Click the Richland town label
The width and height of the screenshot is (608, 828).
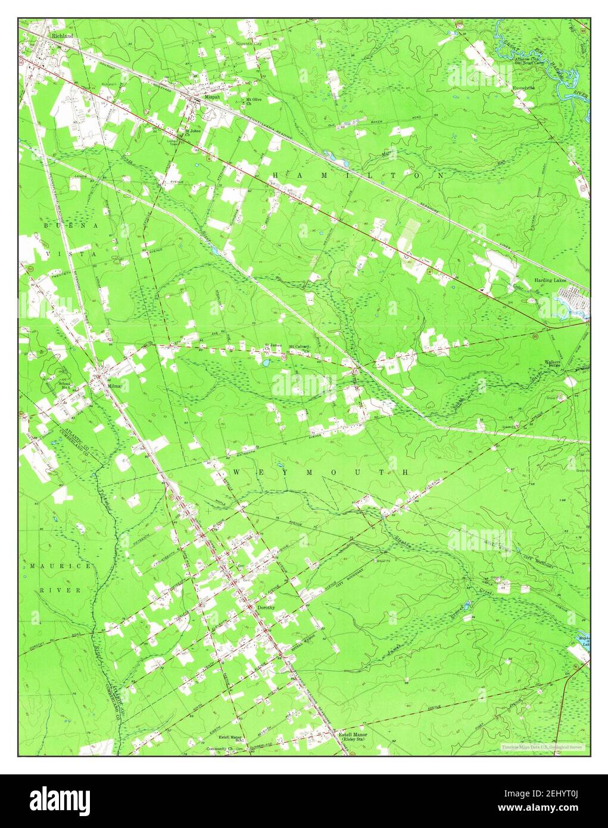(x=62, y=36)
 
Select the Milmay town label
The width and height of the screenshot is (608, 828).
(x=114, y=386)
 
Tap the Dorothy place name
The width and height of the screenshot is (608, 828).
(x=266, y=607)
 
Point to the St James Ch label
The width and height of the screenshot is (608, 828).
(x=273, y=346)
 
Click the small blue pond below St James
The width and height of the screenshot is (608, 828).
(x=266, y=362)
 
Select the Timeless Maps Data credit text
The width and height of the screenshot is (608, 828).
(x=542, y=747)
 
